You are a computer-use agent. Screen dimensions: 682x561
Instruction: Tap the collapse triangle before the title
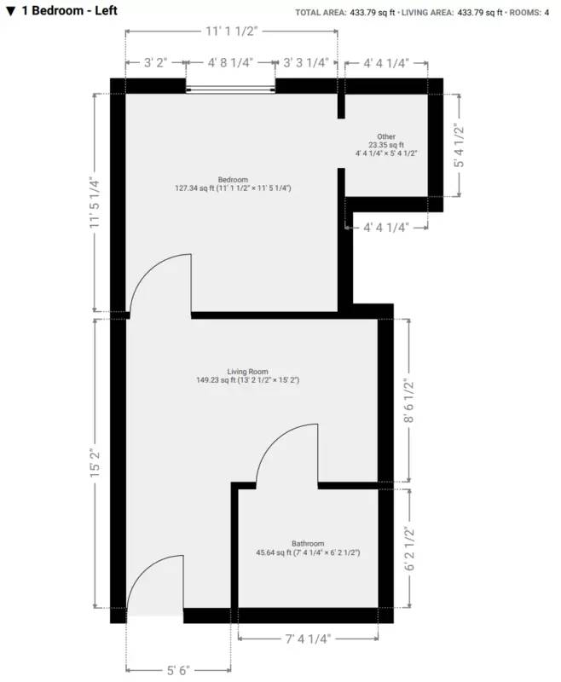[10, 12]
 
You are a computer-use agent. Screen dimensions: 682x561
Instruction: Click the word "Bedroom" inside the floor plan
[232, 179]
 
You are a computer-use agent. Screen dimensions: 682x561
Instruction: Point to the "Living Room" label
[247, 372]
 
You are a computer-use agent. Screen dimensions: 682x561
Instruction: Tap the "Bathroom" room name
[308, 544]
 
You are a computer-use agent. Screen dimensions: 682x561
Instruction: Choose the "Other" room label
[386, 136]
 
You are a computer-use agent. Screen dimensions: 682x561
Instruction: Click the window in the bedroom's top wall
[231, 86]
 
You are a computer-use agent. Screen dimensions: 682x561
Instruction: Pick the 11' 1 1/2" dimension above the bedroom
[230, 31]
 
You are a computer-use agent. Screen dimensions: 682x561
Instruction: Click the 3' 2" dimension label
[154, 63]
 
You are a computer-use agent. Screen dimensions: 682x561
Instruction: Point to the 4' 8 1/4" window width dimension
[230, 63]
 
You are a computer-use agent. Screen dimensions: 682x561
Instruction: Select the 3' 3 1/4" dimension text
[305, 63]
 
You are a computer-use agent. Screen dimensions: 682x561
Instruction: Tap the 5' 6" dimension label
[178, 670]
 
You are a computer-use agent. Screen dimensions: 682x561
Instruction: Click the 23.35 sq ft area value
[386, 145]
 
